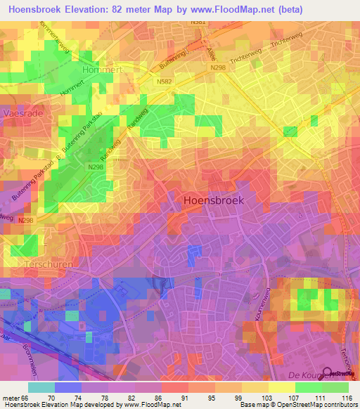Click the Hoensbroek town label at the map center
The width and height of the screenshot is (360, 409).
click(213, 200)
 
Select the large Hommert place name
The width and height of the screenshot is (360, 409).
click(103, 70)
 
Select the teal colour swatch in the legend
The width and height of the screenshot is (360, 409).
click(41, 387)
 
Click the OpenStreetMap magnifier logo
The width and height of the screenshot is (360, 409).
click(327, 372)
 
